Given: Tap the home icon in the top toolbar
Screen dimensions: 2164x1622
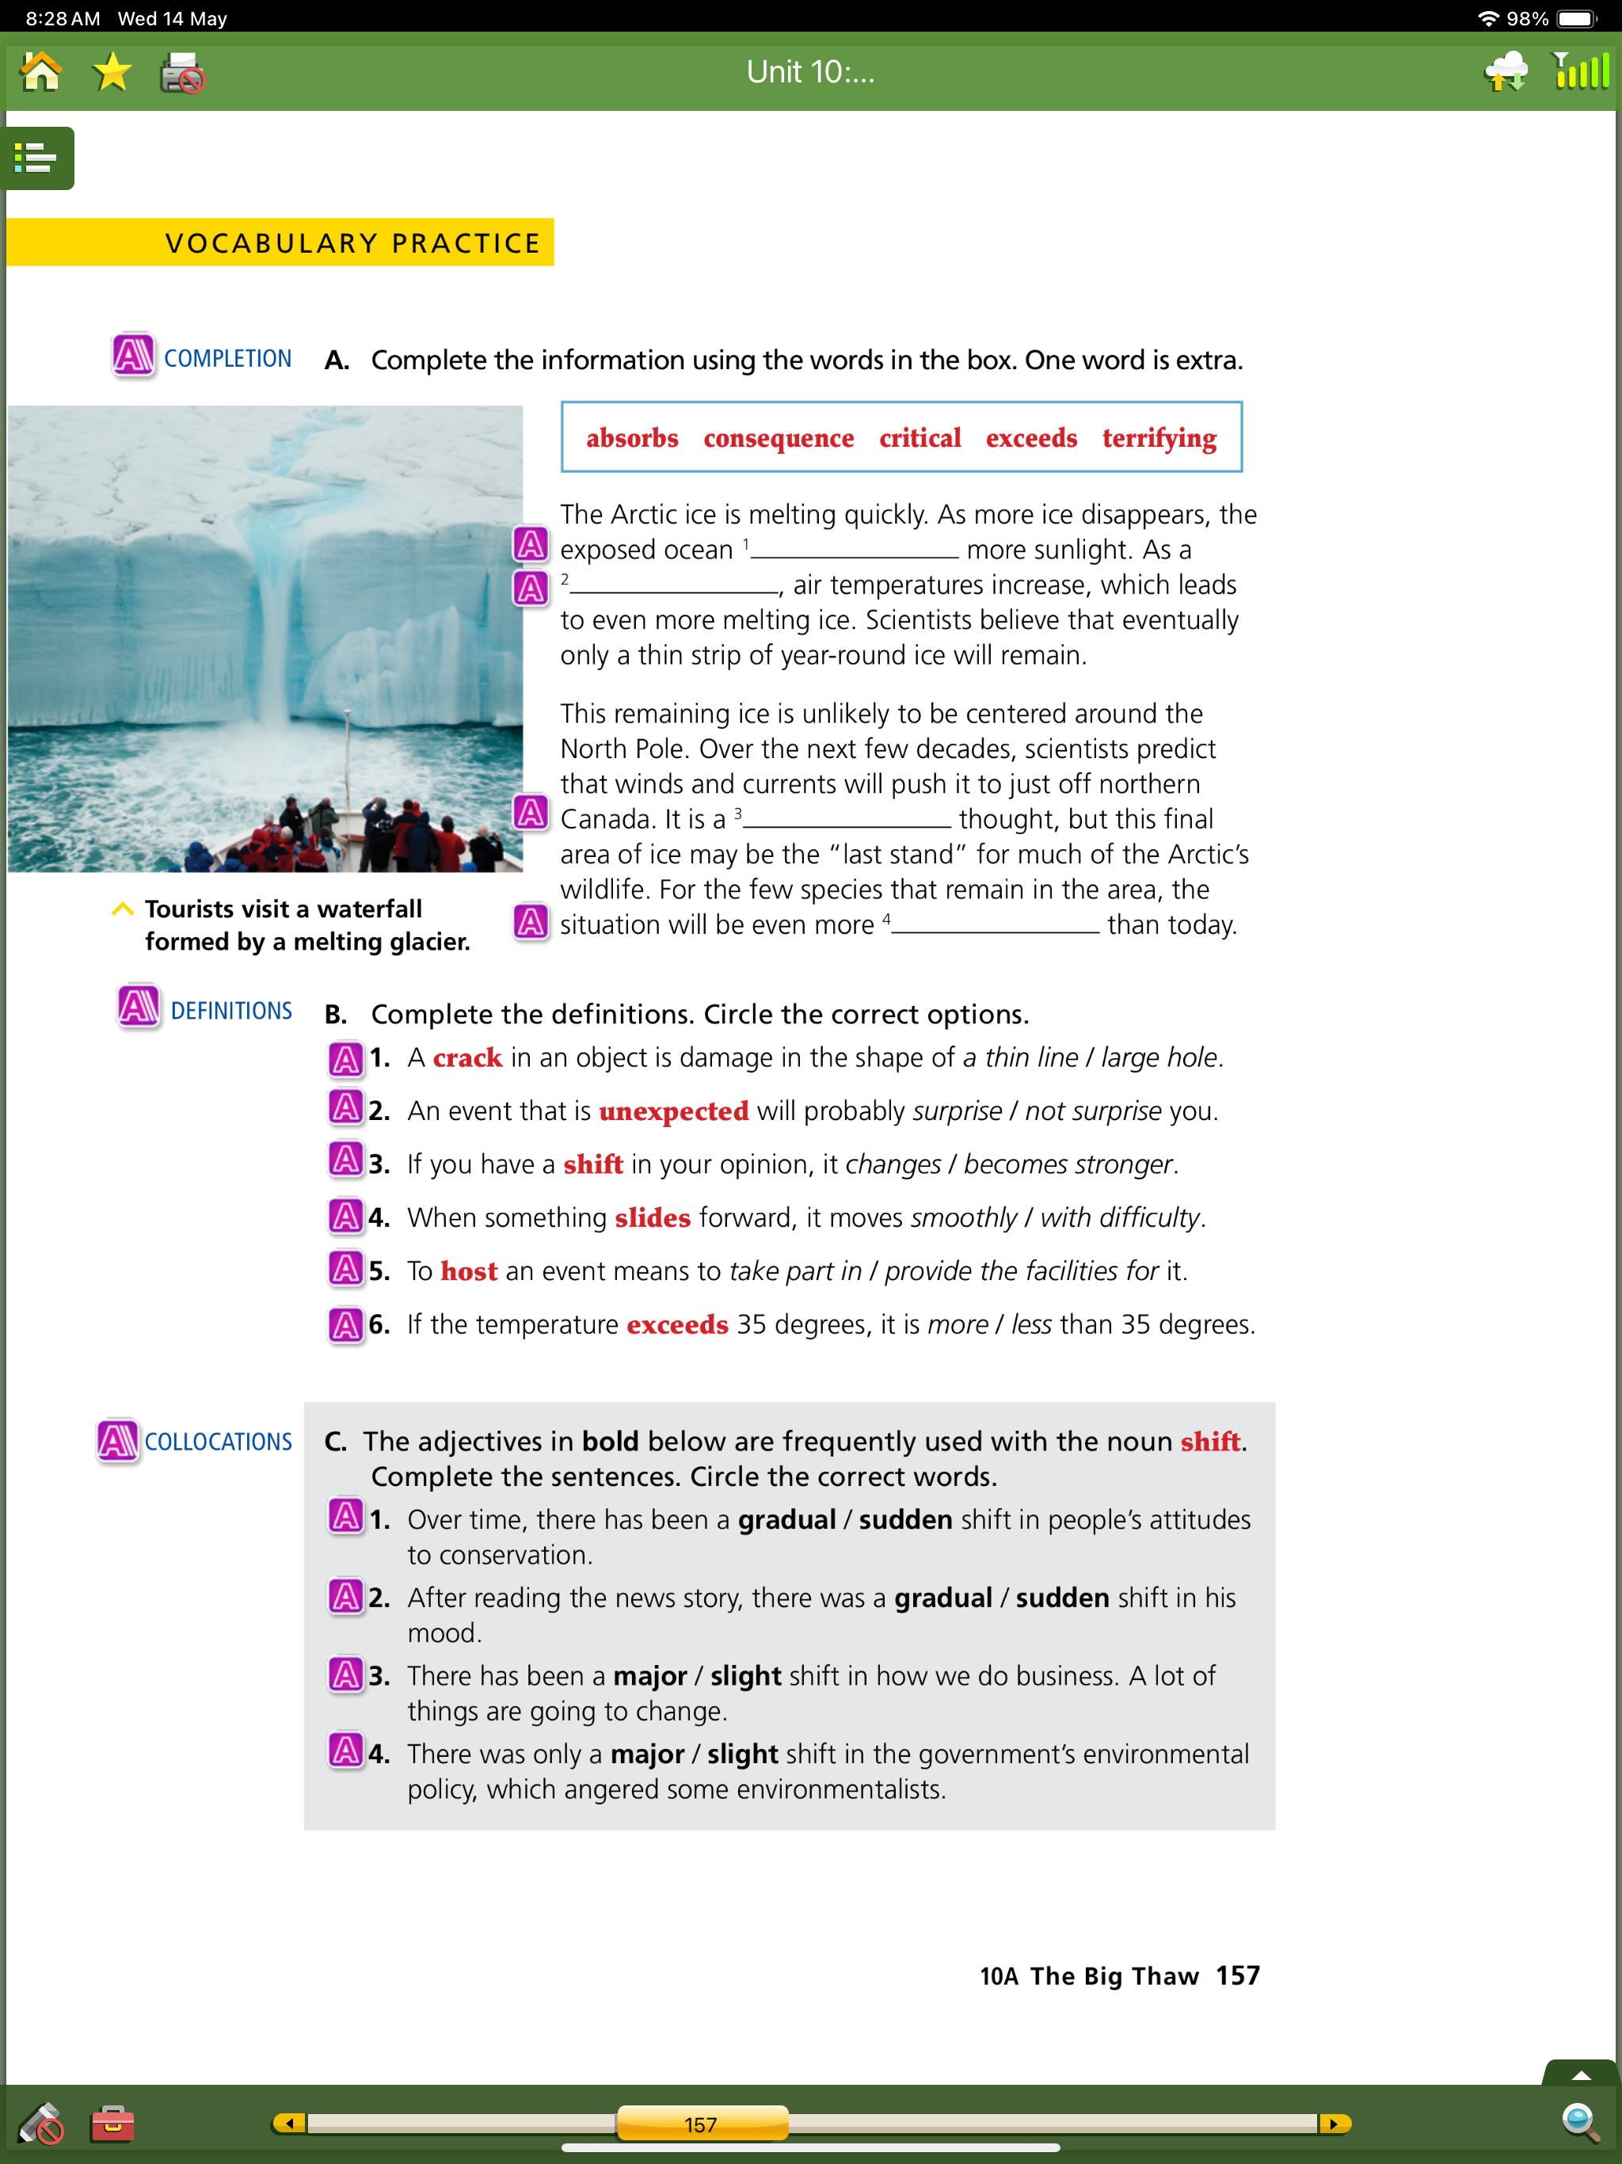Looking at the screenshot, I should [41, 72].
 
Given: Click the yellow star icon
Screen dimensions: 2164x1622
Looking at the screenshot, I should [112, 72].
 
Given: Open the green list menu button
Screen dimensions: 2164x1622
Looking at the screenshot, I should [37, 158].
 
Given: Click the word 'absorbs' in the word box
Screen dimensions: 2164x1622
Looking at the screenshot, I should [632, 437].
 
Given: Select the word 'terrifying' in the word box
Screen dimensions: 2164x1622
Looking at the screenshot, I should [1159, 437].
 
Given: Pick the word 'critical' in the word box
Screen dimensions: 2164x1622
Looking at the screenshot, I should [920, 437].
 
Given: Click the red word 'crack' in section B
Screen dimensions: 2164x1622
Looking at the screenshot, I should [466, 1057].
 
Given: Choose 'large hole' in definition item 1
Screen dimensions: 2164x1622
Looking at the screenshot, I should [1159, 1057].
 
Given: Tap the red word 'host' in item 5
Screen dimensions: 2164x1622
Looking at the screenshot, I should [469, 1272].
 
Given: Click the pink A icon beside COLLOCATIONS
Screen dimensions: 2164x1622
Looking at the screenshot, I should [118, 1440].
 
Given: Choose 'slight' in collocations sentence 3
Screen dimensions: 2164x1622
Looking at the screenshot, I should [745, 1676].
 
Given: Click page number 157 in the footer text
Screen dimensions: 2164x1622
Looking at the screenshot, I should [1238, 1975].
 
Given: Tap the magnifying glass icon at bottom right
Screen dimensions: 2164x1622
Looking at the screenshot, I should [1580, 2122].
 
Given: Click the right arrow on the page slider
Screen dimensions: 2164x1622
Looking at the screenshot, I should [1335, 2123].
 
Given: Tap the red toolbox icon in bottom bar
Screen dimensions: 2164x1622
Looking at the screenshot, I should [112, 2123].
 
